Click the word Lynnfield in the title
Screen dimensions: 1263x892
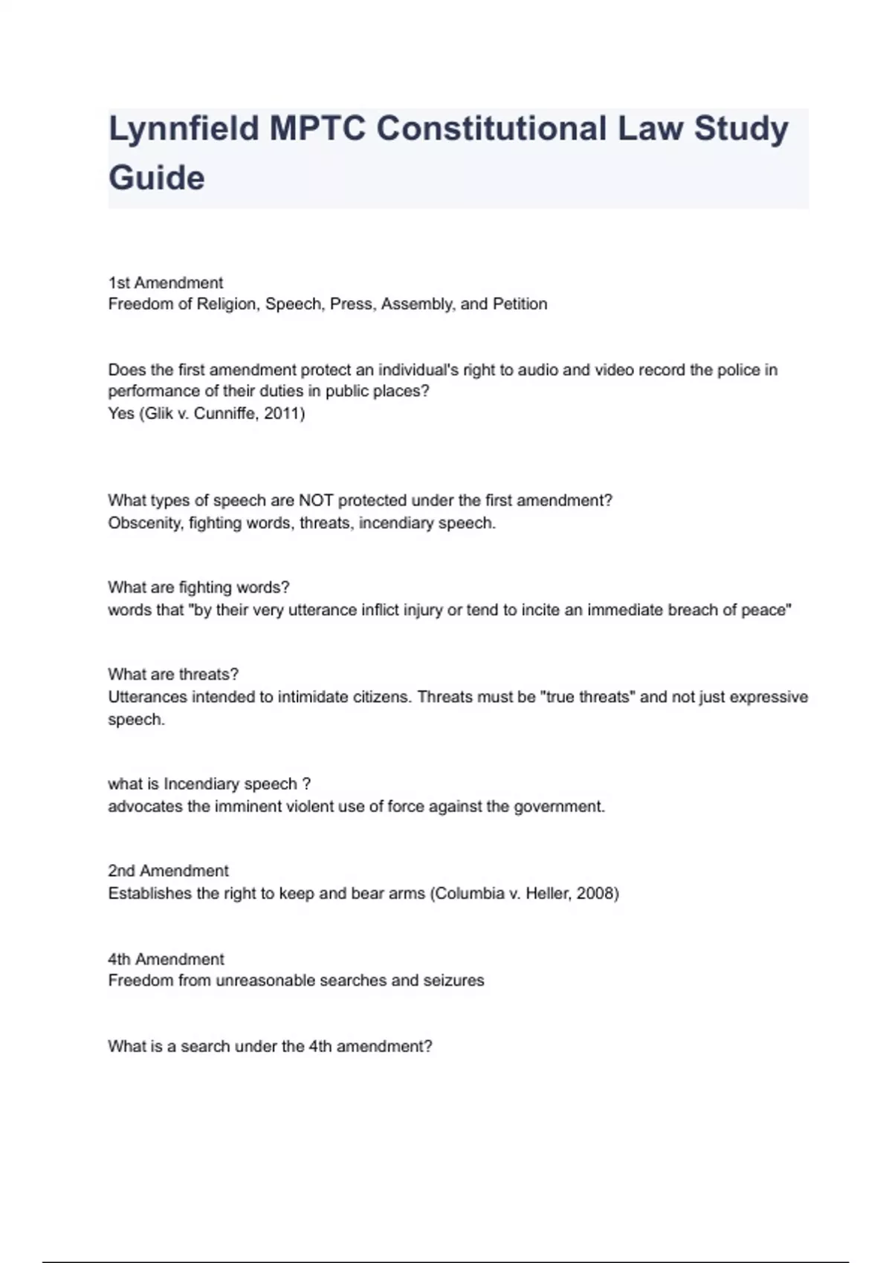(x=183, y=129)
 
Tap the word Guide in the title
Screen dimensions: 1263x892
(x=156, y=178)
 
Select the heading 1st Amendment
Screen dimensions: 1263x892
(x=165, y=283)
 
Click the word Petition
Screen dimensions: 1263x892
(x=520, y=304)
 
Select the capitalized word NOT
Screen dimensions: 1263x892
(x=316, y=501)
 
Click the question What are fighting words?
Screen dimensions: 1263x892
(x=198, y=588)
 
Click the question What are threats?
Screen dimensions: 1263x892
(x=173, y=675)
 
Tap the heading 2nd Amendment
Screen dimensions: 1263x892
(x=168, y=871)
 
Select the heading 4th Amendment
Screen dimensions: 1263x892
(x=166, y=959)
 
